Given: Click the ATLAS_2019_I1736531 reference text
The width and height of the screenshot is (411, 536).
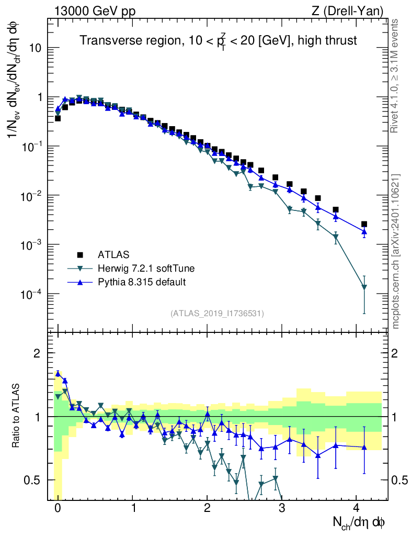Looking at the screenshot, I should click(x=217, y=314).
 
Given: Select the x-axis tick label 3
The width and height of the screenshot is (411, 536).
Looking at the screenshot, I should click(x=282, y=508).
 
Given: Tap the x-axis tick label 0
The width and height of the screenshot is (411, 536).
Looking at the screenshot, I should click(x=58, y=508).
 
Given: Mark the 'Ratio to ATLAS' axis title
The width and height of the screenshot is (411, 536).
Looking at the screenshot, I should click(x=16, y=416).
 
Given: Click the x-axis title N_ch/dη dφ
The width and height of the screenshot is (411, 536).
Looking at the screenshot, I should click(x=359, y=522).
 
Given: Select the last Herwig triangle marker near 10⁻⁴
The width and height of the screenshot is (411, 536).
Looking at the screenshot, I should click(x=364, y=287).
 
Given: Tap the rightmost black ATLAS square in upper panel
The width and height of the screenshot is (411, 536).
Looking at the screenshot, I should click(x=364, y=224).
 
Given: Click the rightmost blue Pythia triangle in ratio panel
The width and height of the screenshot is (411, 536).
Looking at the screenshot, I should click(x=364, y=447).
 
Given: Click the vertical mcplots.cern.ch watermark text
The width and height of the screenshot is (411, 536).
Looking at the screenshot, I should click(x=395, y=251).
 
